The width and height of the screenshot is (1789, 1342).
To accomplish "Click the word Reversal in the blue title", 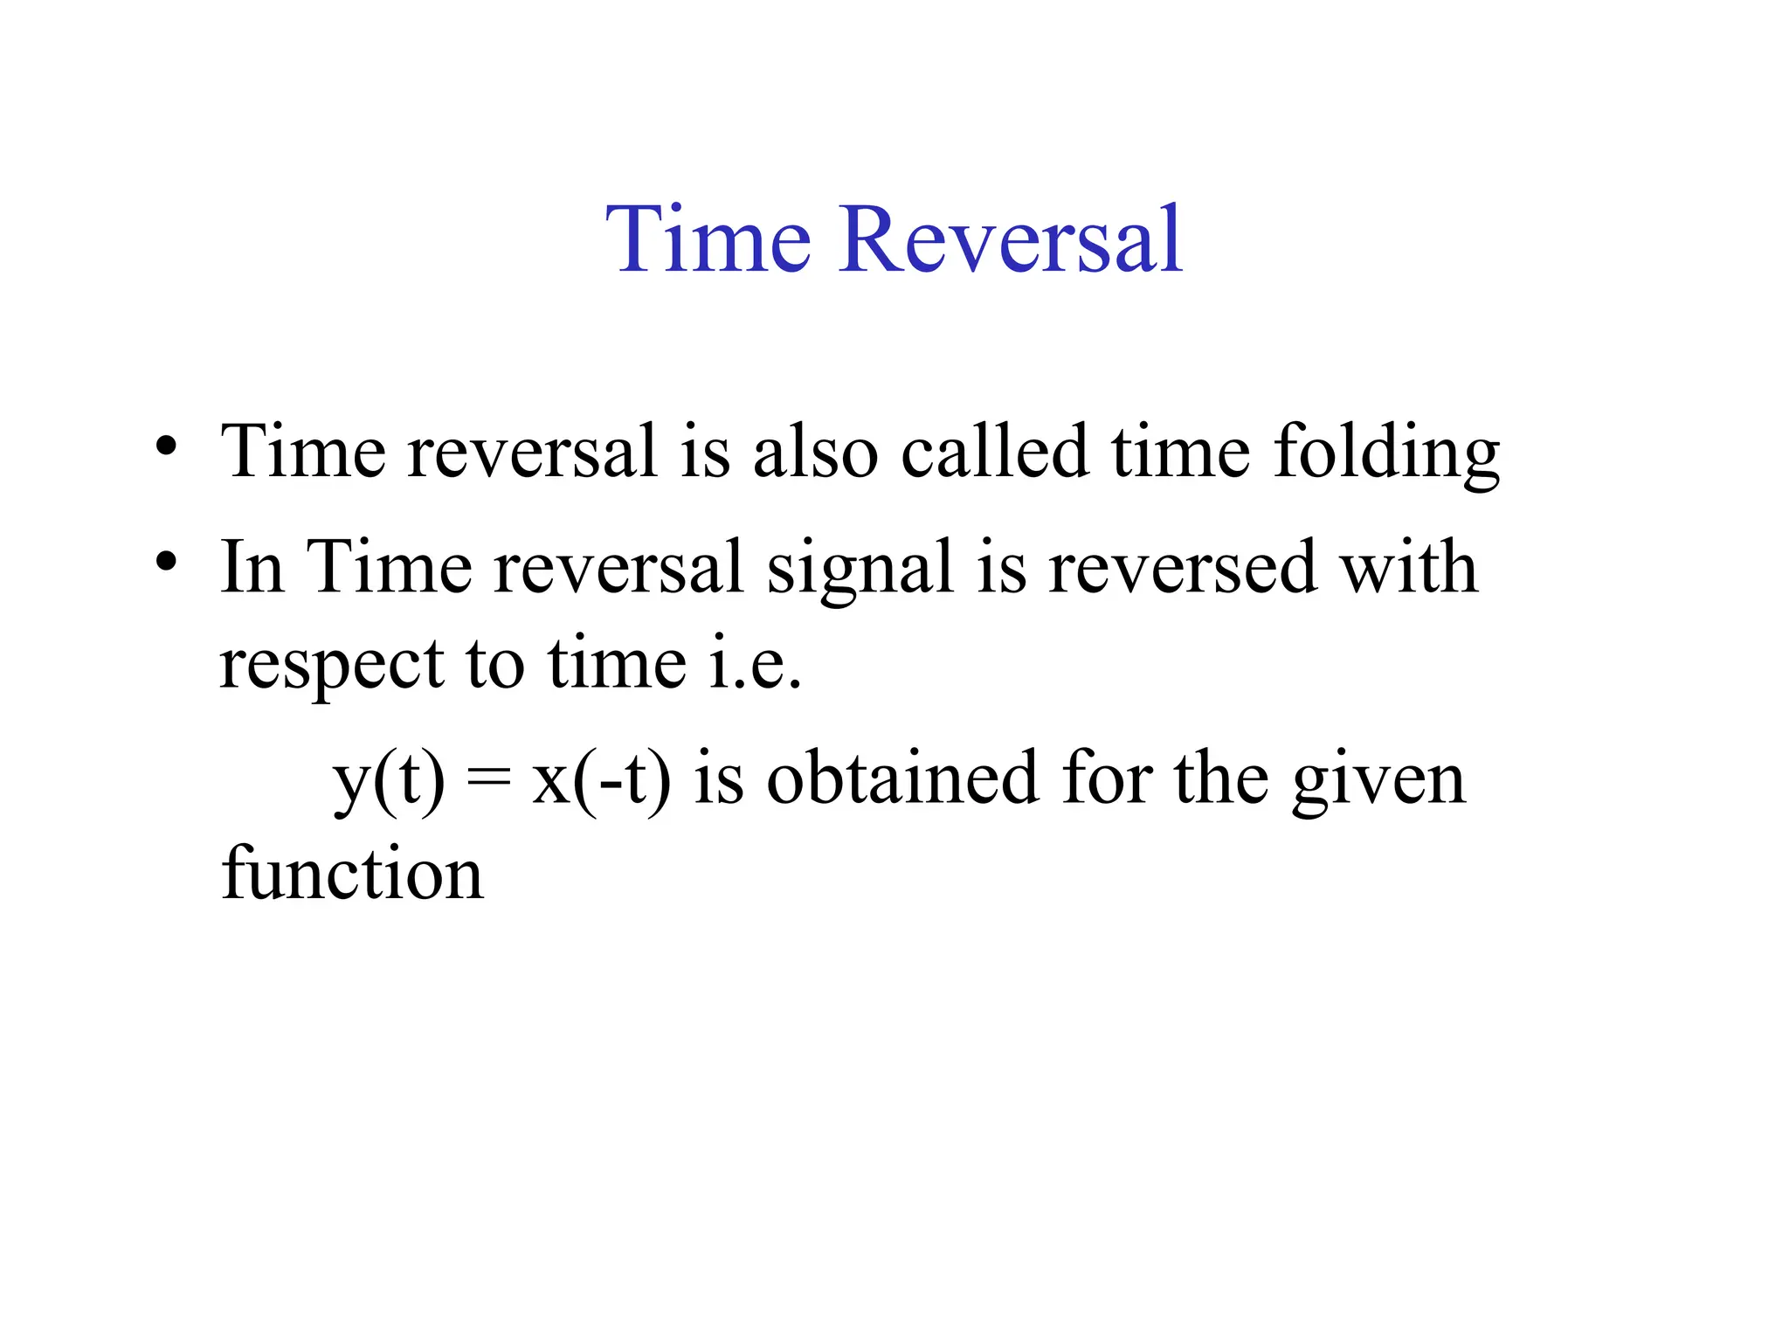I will point(1011,239).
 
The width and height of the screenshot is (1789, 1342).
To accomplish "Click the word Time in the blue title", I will point(708,239).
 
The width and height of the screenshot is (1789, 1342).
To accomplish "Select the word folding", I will point(1386,453).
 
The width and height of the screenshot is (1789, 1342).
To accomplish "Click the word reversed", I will point(1182,567).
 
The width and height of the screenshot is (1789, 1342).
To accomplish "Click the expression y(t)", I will point(389,779).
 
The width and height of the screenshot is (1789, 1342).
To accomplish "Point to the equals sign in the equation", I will point(488,779).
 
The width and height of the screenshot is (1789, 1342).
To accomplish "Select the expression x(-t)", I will point(602,779).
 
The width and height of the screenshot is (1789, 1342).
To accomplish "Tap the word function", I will point(352,873).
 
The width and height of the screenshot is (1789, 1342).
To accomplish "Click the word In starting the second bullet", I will point(252,567).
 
